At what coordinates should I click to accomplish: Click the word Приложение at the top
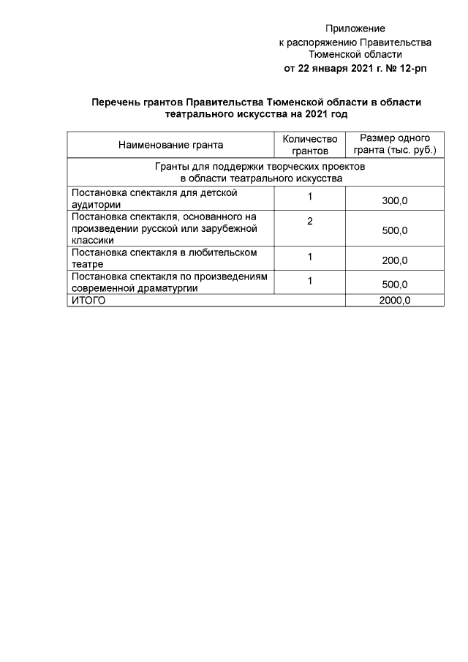355,29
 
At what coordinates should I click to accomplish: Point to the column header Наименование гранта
170,145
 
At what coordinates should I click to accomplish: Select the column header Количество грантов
310,145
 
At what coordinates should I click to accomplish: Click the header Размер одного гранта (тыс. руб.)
395,145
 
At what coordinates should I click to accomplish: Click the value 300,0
395,201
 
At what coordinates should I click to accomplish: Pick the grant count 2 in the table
310,220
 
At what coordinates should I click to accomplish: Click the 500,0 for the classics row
395,230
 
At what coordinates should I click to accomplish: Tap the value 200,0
395,260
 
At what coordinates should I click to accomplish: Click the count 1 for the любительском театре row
310,256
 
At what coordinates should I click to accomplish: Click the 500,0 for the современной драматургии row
395,285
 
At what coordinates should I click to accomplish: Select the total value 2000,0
395,300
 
